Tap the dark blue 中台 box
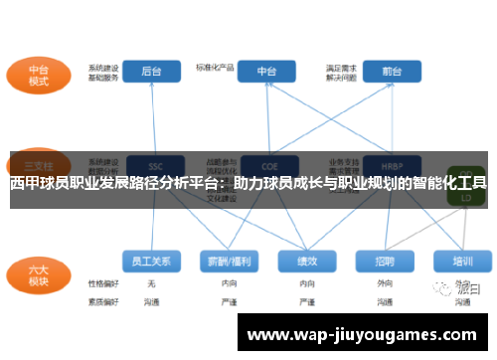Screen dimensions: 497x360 266,72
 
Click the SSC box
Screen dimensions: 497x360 153,165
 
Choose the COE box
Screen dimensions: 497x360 266,165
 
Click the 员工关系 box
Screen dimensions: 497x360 152,261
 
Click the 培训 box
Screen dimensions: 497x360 462,261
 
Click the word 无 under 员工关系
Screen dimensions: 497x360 151,283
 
